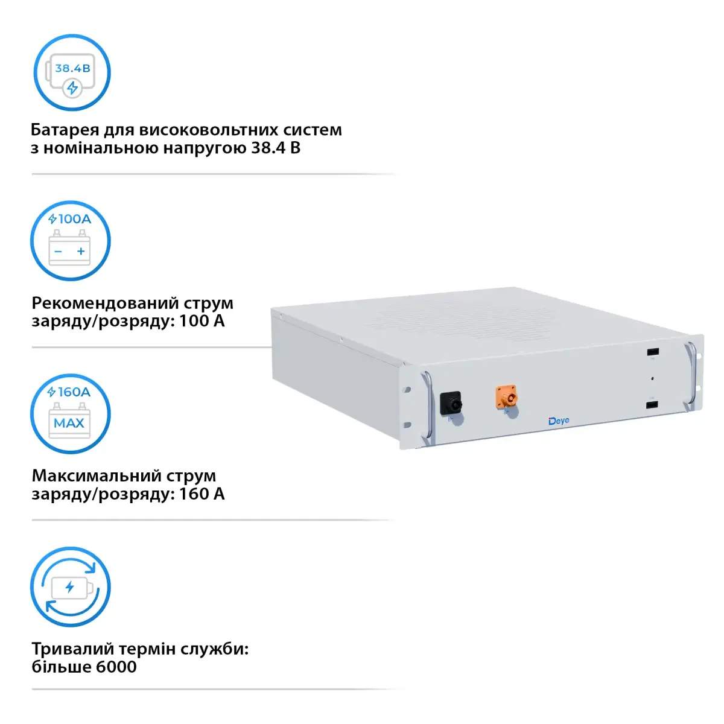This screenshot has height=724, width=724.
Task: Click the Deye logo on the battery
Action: pos(559,421)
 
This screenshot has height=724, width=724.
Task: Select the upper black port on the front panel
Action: pos(652,352)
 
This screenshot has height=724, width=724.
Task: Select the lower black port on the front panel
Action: pos(652,404)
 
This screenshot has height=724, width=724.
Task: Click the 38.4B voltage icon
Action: pos(72,73)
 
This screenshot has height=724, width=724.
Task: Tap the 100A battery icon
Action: pos(70,241)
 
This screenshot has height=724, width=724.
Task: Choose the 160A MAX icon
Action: pos(70,414)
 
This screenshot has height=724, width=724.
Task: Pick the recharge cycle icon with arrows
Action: pos(70,587)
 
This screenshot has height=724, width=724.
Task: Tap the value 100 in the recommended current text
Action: pos(194,321)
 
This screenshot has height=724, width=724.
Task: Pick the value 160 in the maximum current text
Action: pos(194,494)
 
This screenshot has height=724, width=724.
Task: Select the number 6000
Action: pos(116,667)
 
